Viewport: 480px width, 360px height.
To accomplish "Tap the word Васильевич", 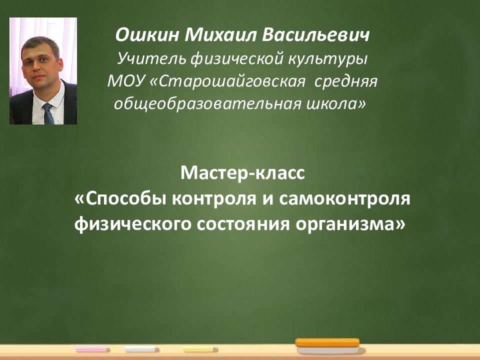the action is (x=315, y=35).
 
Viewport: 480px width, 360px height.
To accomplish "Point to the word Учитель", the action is (x=151, y=58).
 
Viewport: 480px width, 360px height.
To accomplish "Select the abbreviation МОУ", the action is (x=125, y=81).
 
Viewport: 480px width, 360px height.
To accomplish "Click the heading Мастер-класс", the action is (x=242, y=173).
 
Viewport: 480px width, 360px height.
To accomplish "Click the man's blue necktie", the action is (x=48, y=113).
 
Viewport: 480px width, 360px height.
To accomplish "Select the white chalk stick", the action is (x=141, y=349).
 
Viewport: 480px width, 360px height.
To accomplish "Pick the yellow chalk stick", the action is (x=200, y=349).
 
